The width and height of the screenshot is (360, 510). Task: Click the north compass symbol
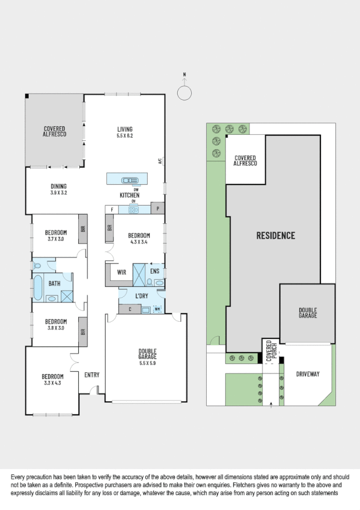point(185,93)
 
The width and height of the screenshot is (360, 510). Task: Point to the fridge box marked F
point(112,209)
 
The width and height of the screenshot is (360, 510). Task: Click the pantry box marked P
point(158,209)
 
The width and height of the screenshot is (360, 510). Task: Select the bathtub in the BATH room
point(39,287)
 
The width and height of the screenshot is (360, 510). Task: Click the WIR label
point(121,271)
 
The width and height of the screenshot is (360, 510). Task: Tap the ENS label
point(154,271)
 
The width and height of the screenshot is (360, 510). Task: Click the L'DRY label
point(142,296)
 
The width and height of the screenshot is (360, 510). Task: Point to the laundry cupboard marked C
point(130,309)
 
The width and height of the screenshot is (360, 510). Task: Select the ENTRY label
point(91,375)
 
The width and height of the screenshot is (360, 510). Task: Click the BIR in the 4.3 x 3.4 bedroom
point(109,228)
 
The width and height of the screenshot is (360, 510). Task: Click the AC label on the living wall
point(160,161)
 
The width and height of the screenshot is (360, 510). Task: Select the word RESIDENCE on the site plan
point(276,235)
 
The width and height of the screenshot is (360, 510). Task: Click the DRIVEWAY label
point(308,373)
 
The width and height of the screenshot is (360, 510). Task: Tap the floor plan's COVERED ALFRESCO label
point(54,132)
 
